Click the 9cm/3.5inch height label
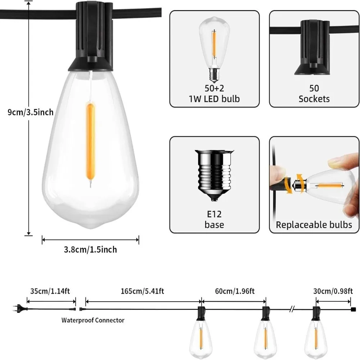(30, 112)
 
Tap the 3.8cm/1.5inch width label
(90, 249)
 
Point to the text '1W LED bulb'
(215, 99)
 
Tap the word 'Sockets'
(314, 99)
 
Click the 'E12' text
(215, 214)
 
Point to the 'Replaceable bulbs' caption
(314, 225)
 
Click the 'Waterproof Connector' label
(93, 320)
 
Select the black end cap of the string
(353, 309)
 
